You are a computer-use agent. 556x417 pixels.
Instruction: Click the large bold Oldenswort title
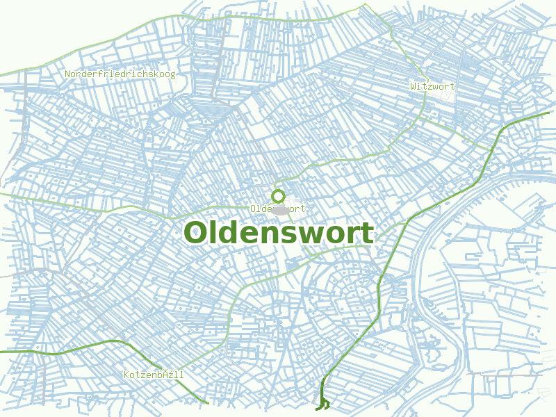(279, 233)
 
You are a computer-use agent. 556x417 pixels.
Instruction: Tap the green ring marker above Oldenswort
(279, 196)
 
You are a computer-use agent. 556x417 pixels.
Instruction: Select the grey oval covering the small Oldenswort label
(279, 209)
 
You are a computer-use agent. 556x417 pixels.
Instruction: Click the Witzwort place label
(432, 86)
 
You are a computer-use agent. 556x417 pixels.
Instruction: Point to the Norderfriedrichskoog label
(120, 74)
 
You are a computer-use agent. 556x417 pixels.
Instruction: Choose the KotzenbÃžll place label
(154, 375)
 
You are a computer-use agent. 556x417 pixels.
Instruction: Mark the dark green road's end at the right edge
(548, 112)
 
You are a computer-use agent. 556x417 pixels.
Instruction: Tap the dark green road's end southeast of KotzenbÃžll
(207, 402)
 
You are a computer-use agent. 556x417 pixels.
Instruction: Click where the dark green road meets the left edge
(1, 352)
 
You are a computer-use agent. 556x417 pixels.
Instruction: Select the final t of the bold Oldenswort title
(367, 234)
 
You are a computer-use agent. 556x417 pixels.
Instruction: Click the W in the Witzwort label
(414, 86)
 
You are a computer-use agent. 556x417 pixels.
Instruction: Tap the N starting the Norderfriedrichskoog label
(67, 74)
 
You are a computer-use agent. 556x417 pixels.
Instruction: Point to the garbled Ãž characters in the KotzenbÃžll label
(167, 375)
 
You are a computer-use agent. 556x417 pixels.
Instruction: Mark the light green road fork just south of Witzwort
(418, 115)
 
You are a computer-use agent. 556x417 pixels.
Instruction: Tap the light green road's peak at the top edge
(363, 4)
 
